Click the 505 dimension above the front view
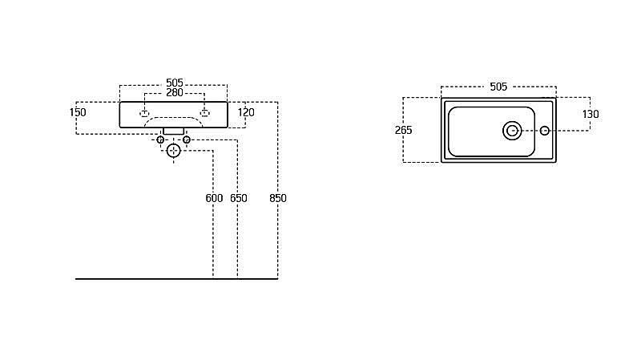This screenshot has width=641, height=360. click(175, 83)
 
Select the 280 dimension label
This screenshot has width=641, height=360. click(175, 93)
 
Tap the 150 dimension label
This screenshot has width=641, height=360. click(78, 112)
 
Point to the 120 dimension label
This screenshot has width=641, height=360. click(246, 112)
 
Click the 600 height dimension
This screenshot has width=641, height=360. click(214, 198)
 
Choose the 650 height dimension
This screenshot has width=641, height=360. click(239, 198)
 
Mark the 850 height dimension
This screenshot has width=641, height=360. click(278, 198)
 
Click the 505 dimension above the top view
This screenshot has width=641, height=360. click(498, 87)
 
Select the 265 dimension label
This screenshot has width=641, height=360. click(404, 130)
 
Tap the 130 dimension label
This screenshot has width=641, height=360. click(591, 114)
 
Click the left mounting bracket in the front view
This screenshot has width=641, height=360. click(144, 113)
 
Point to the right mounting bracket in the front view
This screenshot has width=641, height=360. click(205, 113)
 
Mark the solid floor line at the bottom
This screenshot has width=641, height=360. click(176, 279)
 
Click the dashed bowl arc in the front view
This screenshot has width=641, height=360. click(174, 118)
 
